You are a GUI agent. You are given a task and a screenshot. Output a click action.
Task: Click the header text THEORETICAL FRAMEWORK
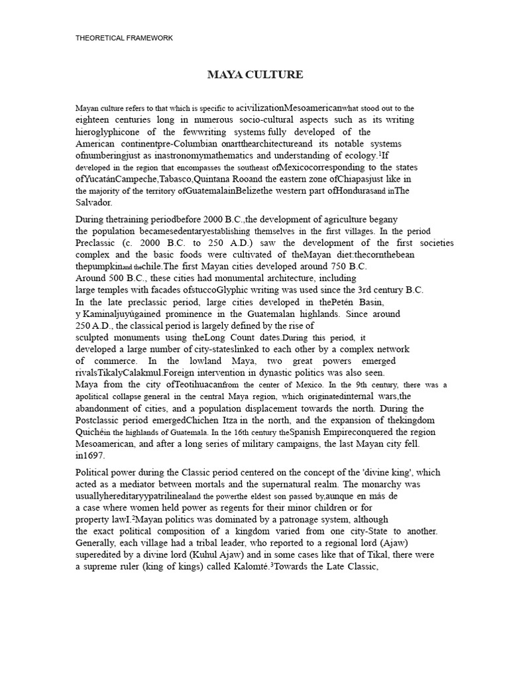pyautogui.click(x=124, y=38)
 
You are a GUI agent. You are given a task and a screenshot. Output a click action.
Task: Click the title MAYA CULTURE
pyautogui.click(x=255, y=75)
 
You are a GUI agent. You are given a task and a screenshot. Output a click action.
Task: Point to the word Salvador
pyautogui.click(x=95, y=203)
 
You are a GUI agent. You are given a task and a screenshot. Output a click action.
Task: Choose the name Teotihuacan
pyautogui.click(x=199, y=385)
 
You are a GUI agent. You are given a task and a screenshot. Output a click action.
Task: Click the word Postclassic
pyautogui.click(x=103, y=421)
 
